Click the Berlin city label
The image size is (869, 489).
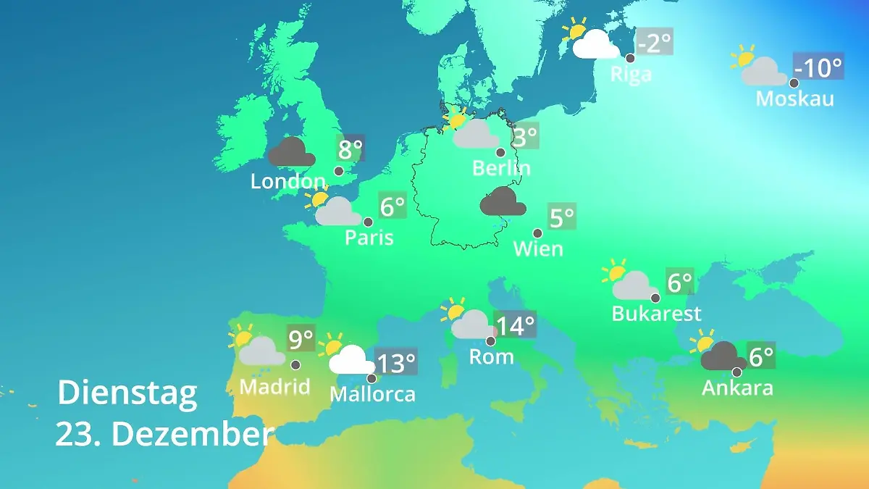coord(501,168)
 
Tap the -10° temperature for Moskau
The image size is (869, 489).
coord(818,68)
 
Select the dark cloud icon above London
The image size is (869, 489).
coord(291,152)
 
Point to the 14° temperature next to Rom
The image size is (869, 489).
coord(515,325)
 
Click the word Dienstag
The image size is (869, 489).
coord(127,393)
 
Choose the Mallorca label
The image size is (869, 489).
coord(372,394)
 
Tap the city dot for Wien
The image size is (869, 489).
coord(537,233)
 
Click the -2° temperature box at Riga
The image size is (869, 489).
coord(654,43)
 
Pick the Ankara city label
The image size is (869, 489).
coord(737,388)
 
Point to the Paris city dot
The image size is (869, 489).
coord(368,222)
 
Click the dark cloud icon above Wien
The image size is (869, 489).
coord(503,201)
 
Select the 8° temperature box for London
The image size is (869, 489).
coord(350,150)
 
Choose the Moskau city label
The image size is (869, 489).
coord(794,99)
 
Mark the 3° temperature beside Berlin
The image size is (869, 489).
coord(525,135)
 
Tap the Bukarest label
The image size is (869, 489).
coord(656,314)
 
